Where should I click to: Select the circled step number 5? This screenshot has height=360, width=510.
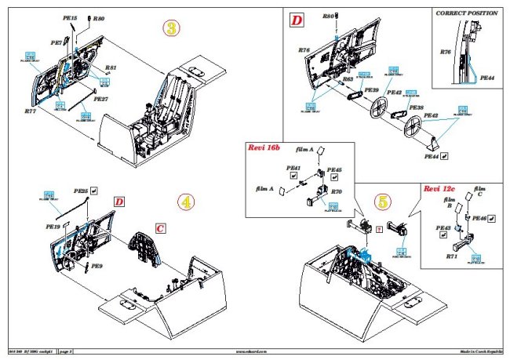click(x=381, y=200)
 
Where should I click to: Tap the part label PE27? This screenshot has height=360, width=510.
click(x=101, y=99)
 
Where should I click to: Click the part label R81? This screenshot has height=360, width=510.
click(x=111, y=68)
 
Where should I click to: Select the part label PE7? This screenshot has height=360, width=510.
click(x=56, y=42)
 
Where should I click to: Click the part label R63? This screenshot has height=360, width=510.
click(x=346, y=79)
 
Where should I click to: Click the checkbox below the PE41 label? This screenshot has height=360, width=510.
click(x=293, y=176)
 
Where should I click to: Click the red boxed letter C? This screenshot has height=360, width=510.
click(x=160, y=227)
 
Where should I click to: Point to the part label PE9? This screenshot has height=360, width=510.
click(x=97, y=267)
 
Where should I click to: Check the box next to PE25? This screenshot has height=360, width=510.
click(x=94, y=190)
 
